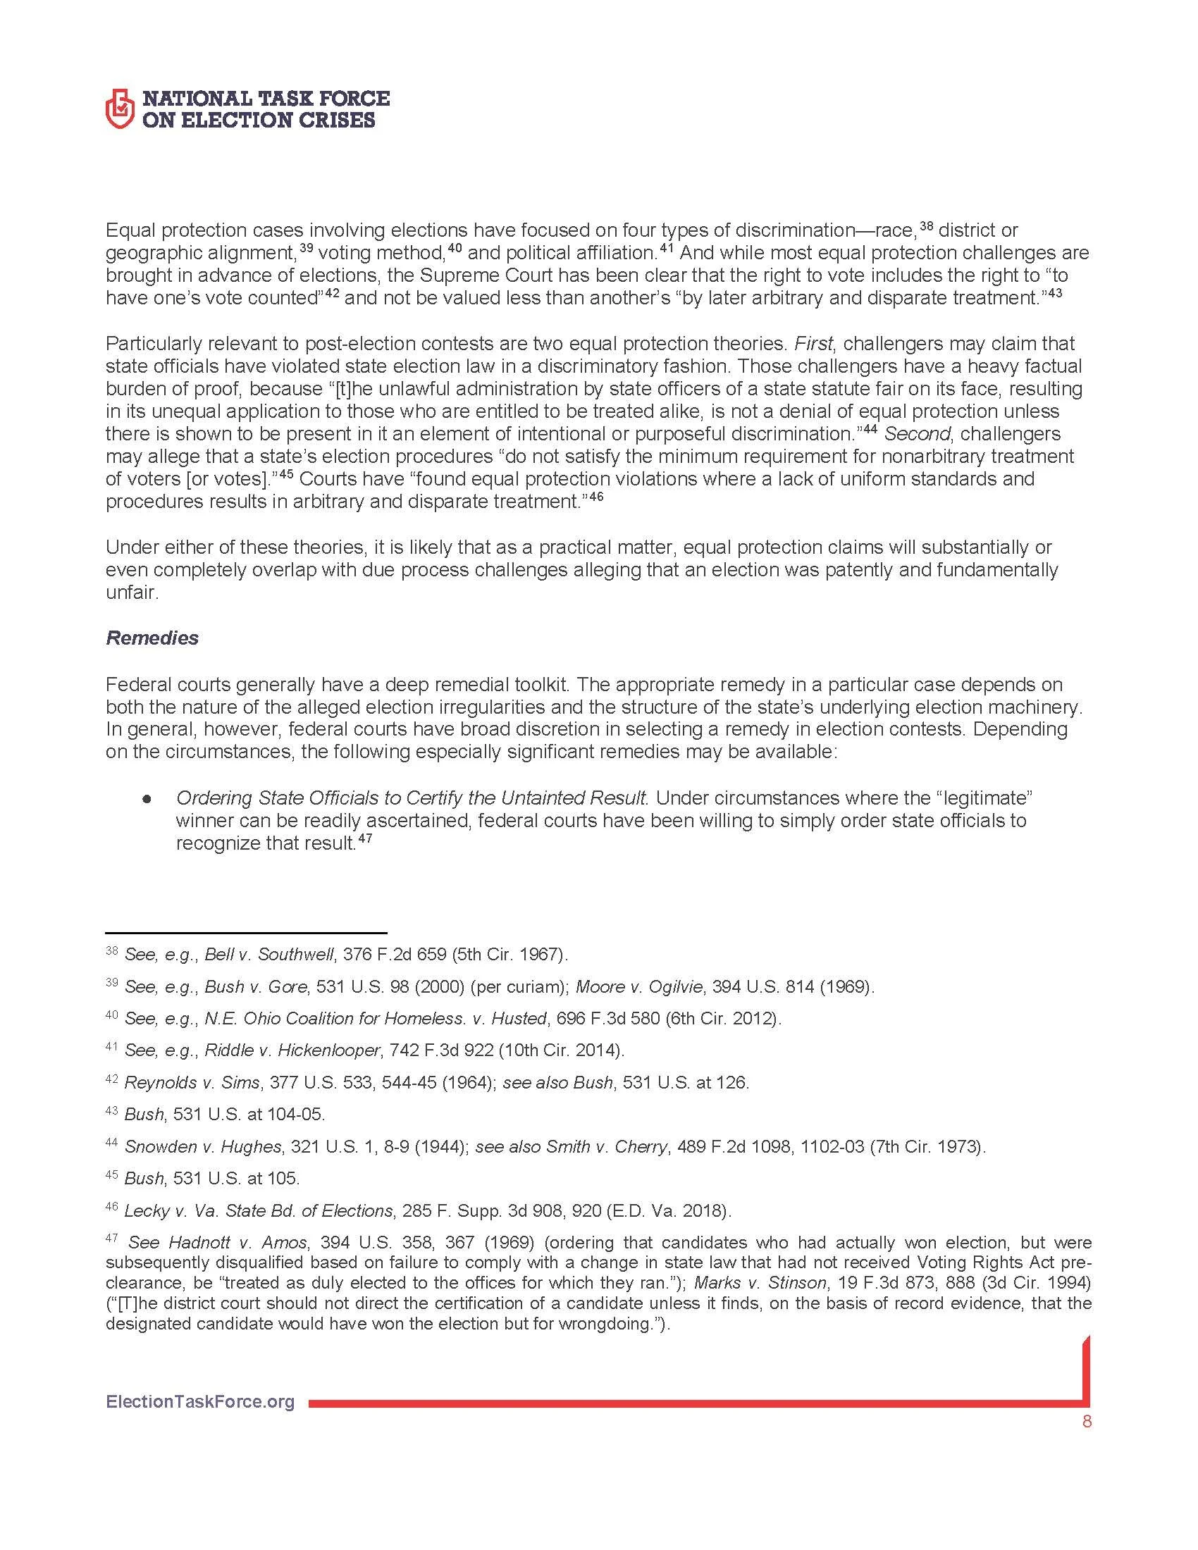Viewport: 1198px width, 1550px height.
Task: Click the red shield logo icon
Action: [120, 108]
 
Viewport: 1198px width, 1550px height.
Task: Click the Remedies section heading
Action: [152, 638]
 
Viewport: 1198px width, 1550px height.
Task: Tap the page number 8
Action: [1087, 1422]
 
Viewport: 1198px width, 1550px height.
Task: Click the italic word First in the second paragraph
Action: [813, 344]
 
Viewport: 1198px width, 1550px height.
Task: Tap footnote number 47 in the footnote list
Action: [111, 1239]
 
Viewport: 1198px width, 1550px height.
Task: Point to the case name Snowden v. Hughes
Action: [204, 1146]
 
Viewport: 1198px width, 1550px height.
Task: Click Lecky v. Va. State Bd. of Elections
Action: [259, 1210]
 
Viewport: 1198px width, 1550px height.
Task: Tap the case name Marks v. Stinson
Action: [760, 1282]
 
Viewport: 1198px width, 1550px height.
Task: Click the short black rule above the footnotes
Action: [245, 933]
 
